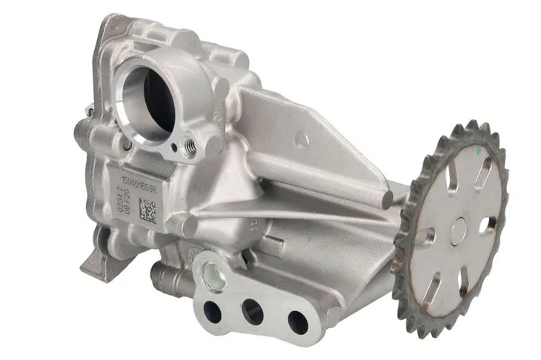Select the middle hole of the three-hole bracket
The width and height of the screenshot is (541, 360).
[x=252, y=311]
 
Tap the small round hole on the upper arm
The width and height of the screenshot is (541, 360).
[x=300, y=138]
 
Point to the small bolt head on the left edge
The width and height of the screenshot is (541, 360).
[x=90, y=112]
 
